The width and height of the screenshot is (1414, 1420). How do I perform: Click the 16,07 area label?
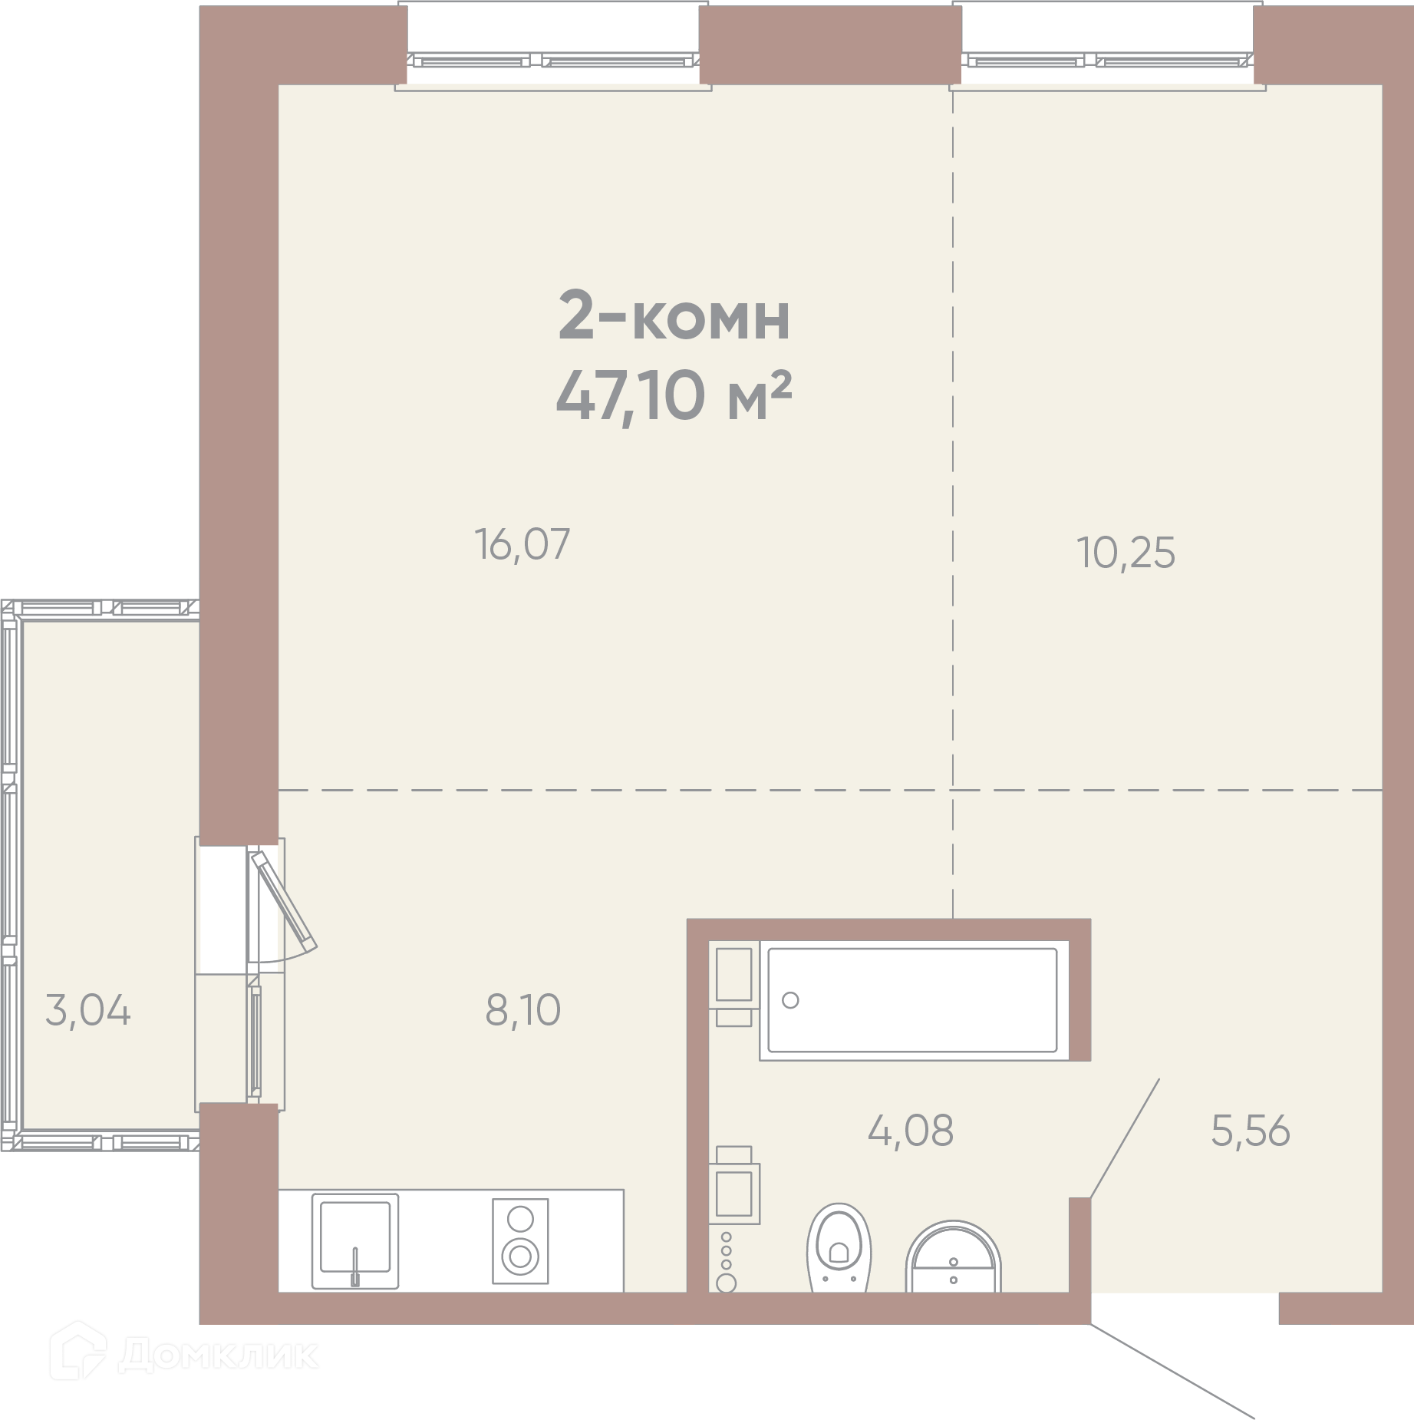(522, 543)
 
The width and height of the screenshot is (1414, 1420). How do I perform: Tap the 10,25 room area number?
(1126, 553)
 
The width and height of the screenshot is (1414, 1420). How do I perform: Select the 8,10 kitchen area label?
(523, 1010)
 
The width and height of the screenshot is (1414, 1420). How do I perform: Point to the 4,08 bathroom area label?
(911, 1131)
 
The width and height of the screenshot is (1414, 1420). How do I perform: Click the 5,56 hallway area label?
(1251, 1131)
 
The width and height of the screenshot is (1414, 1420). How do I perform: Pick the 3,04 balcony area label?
(88, 1010)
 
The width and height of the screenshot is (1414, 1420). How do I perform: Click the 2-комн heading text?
(674, 315)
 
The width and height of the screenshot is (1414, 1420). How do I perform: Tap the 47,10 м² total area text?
(674, 396)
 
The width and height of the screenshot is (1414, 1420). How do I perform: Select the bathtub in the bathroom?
(913, 1000)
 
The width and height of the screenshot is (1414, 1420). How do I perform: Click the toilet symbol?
(839, 1247)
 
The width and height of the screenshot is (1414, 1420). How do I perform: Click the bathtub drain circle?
(790, 1000)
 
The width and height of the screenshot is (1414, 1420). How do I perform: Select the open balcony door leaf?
(282, 899)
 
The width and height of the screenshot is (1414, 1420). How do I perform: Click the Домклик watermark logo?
(183, 1356)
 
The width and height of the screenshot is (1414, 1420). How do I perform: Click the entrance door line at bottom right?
(1172, 1371)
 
